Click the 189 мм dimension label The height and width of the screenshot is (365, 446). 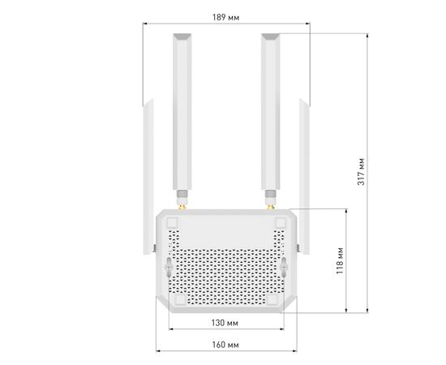point(226,18)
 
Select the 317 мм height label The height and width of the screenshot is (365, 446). point(361,171)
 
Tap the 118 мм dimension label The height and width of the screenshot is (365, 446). point(340,261)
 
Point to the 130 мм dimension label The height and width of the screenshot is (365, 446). point(225,323)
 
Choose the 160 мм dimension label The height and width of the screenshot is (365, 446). point(225,345)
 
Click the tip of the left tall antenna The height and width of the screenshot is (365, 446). point(182,34)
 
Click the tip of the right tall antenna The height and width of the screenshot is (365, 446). point(271,34)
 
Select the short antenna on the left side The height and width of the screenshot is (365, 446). point(148,176)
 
